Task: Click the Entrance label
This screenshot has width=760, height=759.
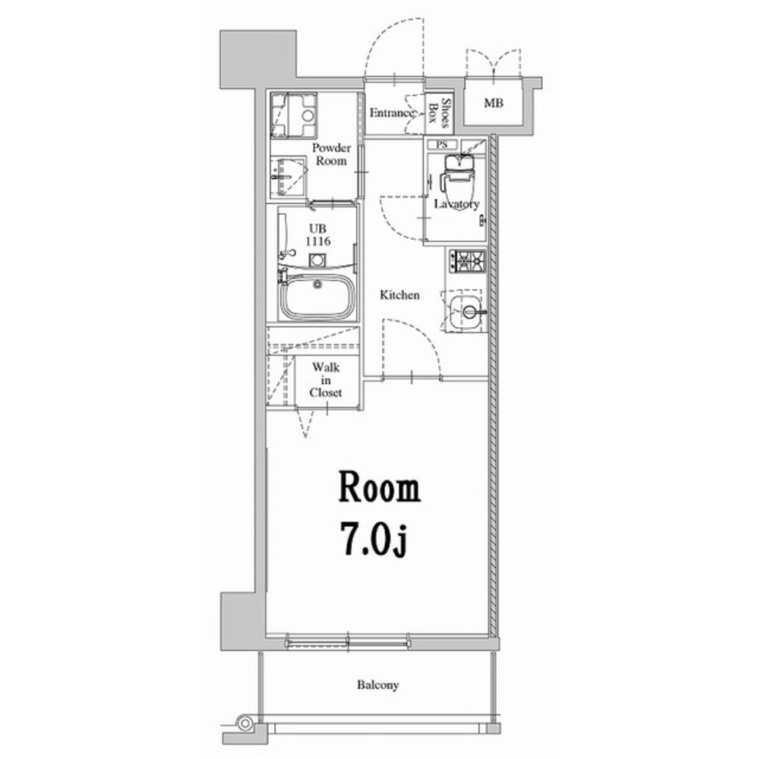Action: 392,113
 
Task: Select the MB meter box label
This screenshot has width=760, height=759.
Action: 494,102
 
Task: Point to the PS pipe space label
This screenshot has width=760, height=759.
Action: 442,144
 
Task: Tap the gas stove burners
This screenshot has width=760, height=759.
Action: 467,261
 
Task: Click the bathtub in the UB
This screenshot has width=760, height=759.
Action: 317,297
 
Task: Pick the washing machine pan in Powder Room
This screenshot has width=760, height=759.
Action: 294,115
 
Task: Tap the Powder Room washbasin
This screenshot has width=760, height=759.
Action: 288,177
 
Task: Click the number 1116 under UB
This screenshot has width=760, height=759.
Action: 318,241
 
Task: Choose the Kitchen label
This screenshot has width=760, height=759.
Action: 399,294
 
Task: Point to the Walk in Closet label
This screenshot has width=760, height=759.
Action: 326,380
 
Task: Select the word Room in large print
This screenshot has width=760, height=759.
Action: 380,487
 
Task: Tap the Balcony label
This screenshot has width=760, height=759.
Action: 378,685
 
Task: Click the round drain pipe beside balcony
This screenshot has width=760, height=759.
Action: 245,723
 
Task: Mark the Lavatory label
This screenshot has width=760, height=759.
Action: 456,204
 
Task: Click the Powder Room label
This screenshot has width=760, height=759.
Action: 332,154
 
